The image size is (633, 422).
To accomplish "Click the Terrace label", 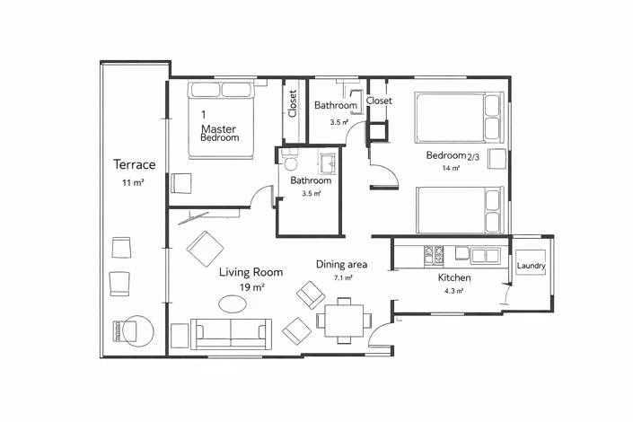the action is pyautogui.click(x=134, y=164).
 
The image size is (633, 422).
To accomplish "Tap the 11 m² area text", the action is pyautogui.click(x=133, y=182).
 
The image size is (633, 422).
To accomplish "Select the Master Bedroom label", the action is pyautogui.click(x=219, y=133).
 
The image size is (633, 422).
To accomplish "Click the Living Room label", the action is pyautogui.click(x=251, y=272).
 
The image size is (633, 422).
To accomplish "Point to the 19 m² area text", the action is pyautogui.click(x=252, y=287).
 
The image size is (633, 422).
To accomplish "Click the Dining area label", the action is pyautogui.click(x=341, y=265).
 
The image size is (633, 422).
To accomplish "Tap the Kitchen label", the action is pyautogui.click(x=454, y=277).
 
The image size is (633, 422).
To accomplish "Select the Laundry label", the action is pyautogui.click(x=531, y=265).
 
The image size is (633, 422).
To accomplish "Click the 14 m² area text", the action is pyautogui.click(x=451, y=168).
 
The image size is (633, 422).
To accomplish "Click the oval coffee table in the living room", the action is pyautogui.click(x=233, y=303).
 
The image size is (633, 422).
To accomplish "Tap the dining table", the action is pyautogui.click(x=344, y=321).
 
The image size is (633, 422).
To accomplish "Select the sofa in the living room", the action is pyautogui.click(x=231, y=334).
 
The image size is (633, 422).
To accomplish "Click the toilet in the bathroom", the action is pyautogui.click(x=290, y=160).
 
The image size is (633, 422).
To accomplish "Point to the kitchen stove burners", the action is pyautogui.click(x=434, y=257).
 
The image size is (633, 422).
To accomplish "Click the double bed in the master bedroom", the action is pyautogui.click(x=221, y=120).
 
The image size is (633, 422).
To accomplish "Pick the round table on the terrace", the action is pyautogui.click(x=138, y=331).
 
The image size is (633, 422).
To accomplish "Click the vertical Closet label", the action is pyautogui.click(x=293, y=103).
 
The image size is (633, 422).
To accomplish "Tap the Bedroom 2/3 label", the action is pyautogui.click(x=453, y=155).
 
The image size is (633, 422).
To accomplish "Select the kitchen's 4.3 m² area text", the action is pyautogui.click(x=453, y=291).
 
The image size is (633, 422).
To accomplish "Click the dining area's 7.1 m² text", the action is pyautogui.click(x=343, y=277).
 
